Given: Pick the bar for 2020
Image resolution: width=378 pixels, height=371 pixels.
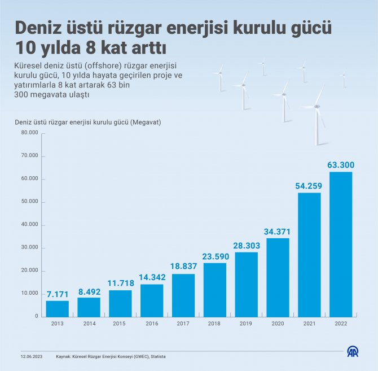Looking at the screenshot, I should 278,277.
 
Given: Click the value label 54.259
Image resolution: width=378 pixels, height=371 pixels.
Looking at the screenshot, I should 309,186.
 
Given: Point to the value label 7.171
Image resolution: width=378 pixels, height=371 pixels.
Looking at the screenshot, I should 58,294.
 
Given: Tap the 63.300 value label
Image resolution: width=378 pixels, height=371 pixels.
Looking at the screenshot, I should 341,165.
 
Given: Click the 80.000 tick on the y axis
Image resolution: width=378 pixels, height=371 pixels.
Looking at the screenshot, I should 29,133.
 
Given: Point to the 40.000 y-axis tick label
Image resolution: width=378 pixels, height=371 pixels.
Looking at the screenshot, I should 29,225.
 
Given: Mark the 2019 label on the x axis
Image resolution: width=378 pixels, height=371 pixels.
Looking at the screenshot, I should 246,324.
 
